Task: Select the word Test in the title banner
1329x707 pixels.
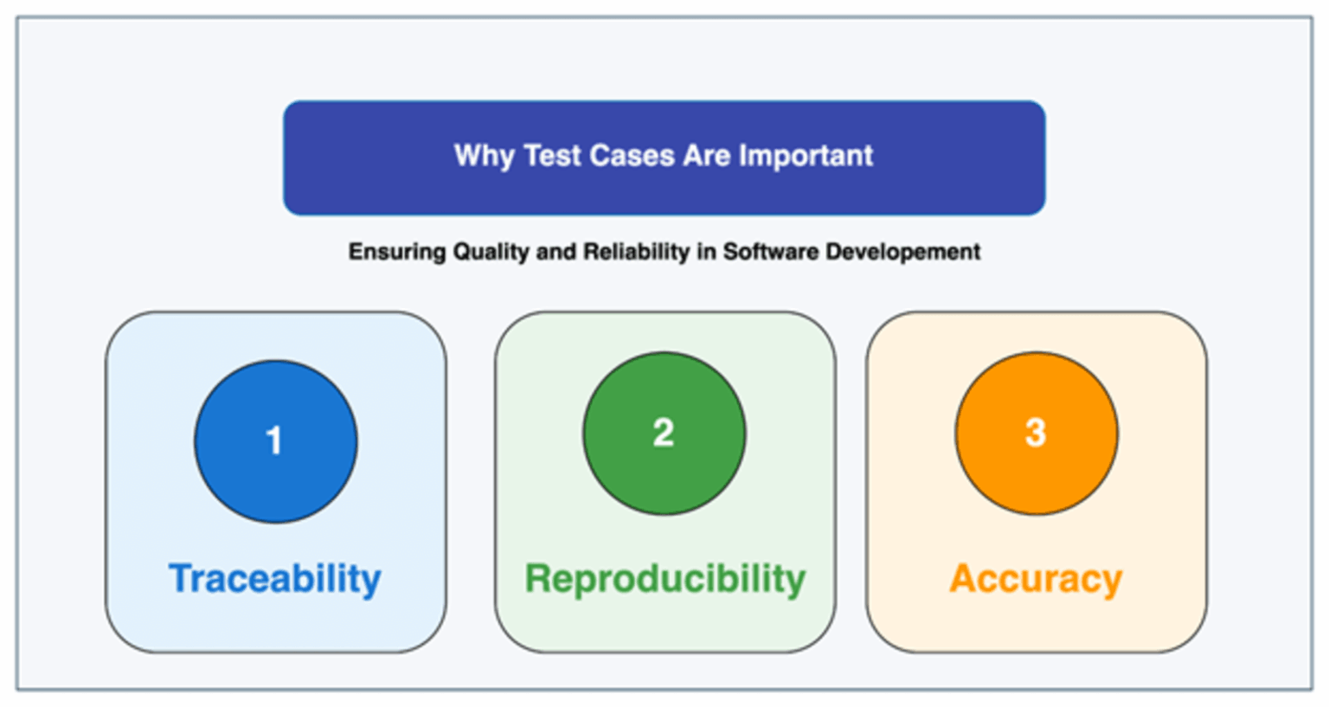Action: tap(552, 156)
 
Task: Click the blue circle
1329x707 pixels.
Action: tap(275, 441)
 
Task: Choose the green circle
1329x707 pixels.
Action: tap(664, 433)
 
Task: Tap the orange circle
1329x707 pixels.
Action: tap(1036, 433)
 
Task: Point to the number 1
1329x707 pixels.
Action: tap(274, 441)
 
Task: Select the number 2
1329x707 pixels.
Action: tap(664, 433)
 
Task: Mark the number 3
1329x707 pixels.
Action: tap(1036, 433)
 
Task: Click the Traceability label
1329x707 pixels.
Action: tap(275, 578)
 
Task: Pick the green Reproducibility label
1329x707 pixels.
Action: tap(664, 578)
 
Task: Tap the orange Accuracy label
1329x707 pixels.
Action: tap(1036, 578)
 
